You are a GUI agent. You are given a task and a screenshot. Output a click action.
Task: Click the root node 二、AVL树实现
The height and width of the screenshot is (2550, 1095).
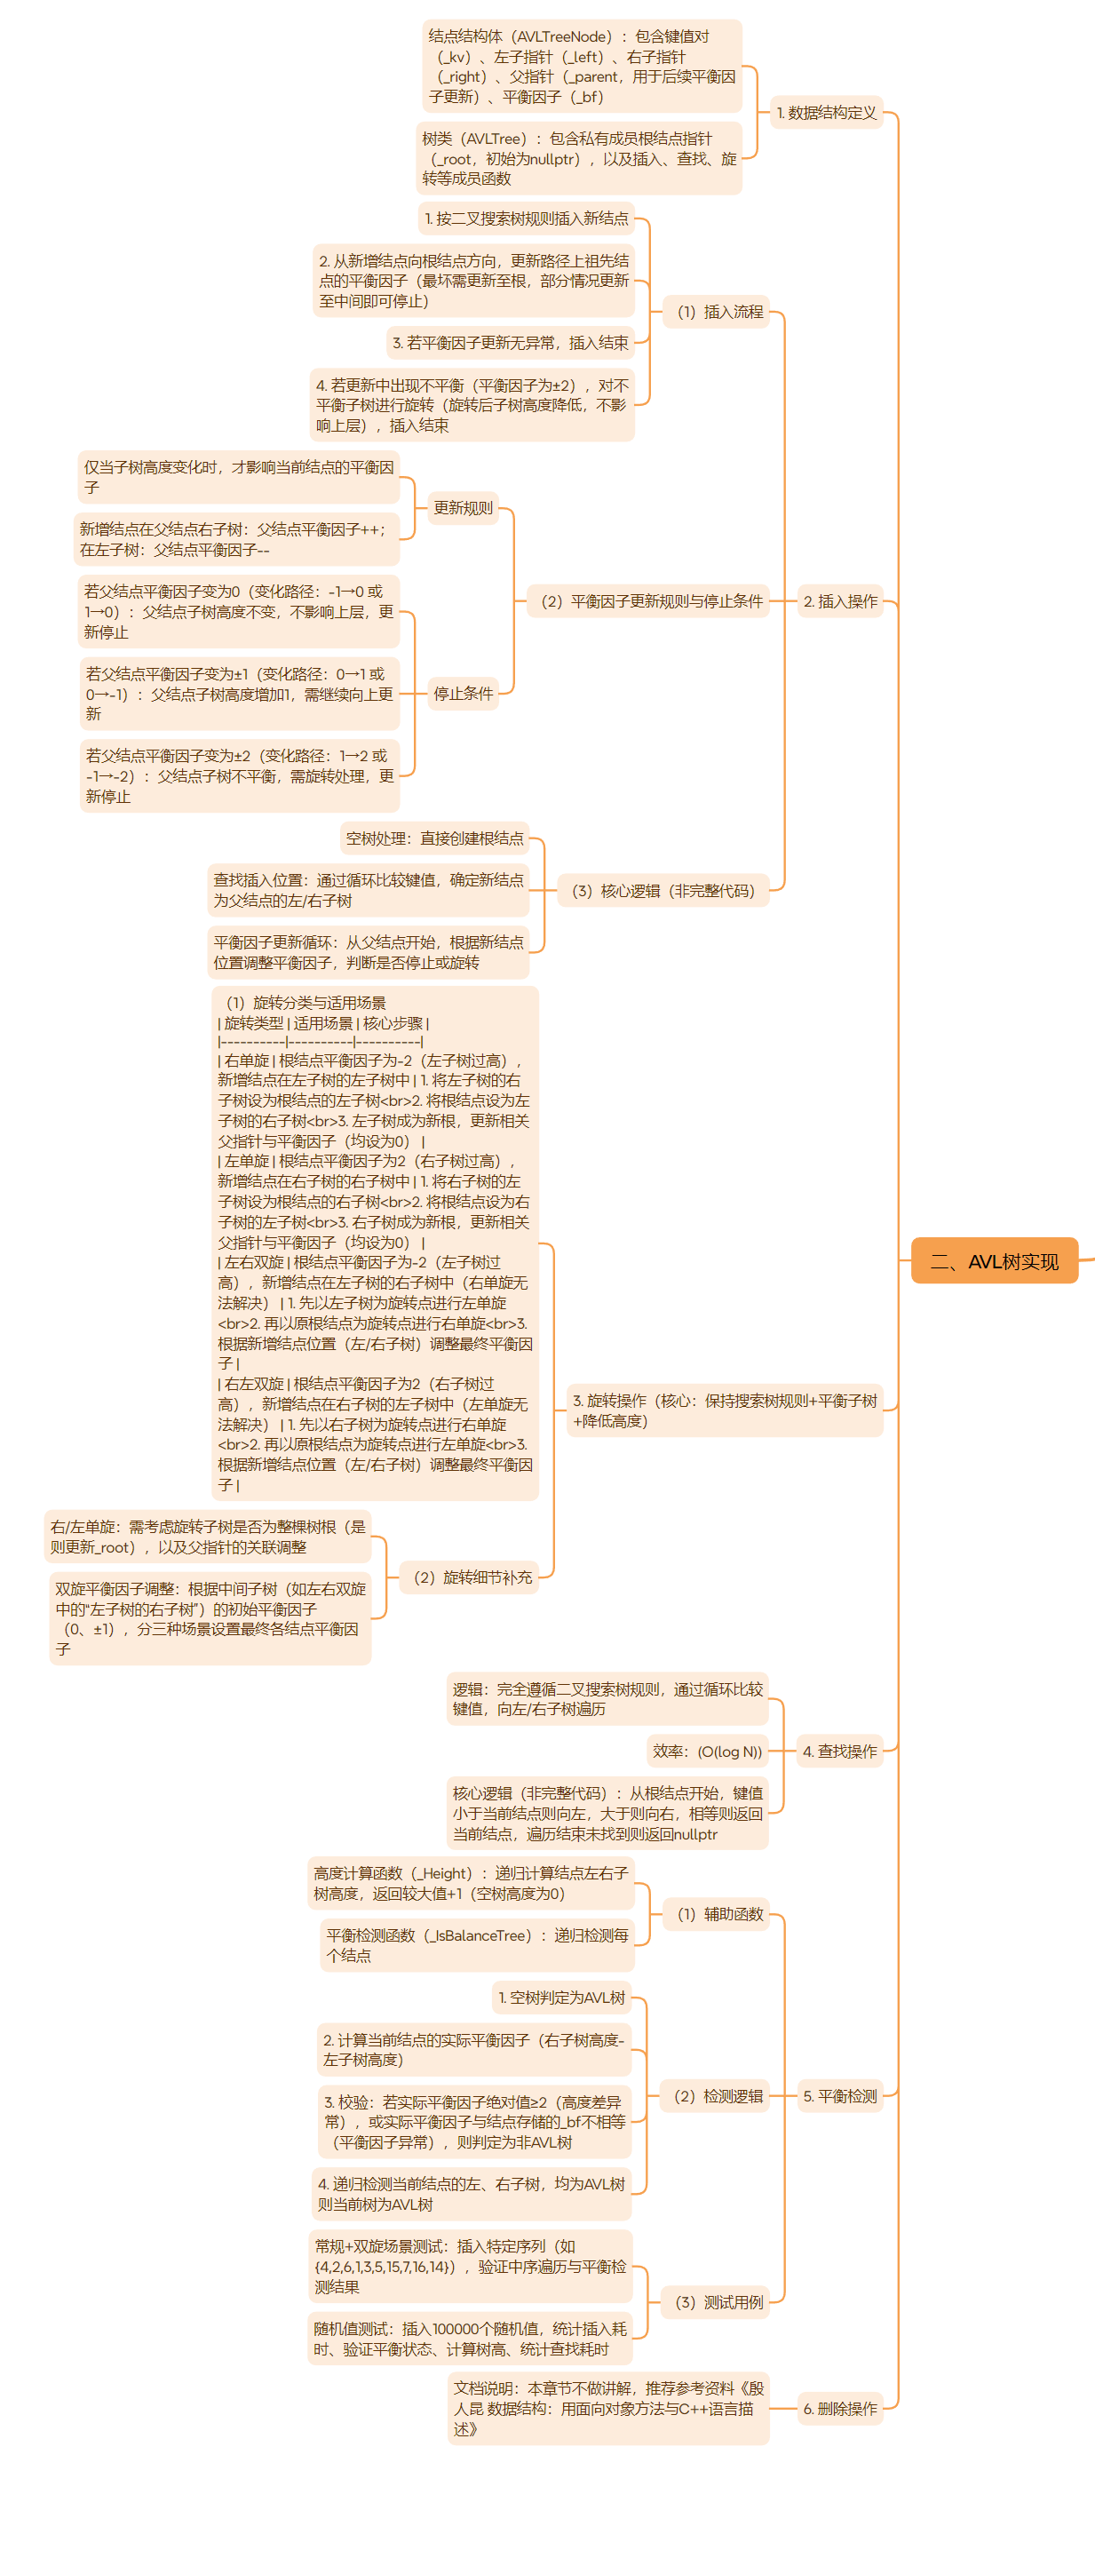[994, 1261]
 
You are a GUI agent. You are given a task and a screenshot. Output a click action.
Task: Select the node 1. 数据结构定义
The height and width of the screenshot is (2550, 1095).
[827, 113]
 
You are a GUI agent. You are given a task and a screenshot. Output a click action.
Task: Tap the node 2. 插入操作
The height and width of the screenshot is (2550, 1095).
[839, 601]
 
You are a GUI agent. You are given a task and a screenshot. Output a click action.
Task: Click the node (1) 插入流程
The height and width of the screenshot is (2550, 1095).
[719, 312]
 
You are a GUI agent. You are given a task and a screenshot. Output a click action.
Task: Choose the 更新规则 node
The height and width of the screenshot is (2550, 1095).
[463, 508]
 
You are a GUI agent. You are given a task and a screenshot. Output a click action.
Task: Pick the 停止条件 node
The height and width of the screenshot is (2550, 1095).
[463, 693]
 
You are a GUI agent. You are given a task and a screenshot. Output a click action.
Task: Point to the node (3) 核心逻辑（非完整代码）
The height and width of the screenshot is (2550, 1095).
[663, 891]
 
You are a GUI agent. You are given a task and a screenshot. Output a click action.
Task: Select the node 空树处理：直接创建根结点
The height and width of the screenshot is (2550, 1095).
[433, 838]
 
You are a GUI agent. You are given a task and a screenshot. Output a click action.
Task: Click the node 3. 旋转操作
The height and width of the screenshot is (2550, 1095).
[725, 1410]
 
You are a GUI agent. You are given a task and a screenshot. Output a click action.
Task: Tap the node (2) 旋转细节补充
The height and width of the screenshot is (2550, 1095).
[472, 1577]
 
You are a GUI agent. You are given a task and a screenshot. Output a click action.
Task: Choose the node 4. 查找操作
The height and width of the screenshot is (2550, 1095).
[839, 1752]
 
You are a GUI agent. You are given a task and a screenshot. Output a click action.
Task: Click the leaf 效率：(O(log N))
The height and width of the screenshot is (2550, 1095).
[707, 1752]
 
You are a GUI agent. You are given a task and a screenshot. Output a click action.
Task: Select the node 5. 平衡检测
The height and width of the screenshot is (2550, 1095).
[839, 2095]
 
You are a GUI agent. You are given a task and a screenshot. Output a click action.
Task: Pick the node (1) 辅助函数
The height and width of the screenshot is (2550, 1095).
[719, 1913]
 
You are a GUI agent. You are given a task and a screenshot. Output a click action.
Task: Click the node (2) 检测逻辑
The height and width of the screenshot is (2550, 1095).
[718, 2095]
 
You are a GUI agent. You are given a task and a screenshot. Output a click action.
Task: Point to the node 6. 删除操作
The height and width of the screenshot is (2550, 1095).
[839, 2409]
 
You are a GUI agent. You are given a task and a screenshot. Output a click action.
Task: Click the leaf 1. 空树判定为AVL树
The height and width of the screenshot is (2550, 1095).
[561, 1998]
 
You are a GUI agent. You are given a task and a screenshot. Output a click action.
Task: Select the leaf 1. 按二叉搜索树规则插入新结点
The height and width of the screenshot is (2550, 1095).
[526, 218]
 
